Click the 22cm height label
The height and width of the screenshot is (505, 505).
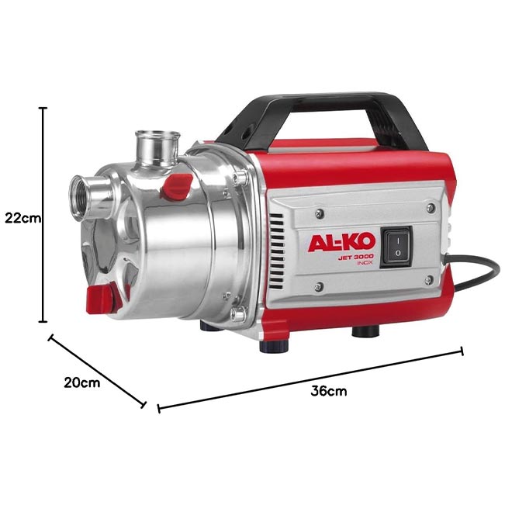click(x=22, y=218)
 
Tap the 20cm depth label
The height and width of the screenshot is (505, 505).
click(x=81, y=382)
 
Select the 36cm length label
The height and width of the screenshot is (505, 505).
click(x=329, y=391)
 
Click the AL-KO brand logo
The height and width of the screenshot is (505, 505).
click(x=342, y=242)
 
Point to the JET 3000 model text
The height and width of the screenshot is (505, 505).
click(x=355, y=256)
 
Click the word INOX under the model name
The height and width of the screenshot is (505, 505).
click(x=365, y=263)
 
